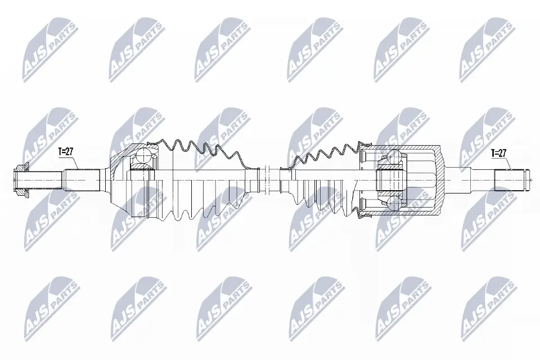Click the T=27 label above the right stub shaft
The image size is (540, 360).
click(x=499, y=152)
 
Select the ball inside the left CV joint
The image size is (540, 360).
click(x=144, y=156)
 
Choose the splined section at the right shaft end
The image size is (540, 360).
click(x=508, y=179)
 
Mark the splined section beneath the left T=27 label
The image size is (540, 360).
click(x=82, y=179)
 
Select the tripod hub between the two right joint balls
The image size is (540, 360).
click(x=390, y=179)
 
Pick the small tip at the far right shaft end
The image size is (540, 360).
click(x=528, y=179)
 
